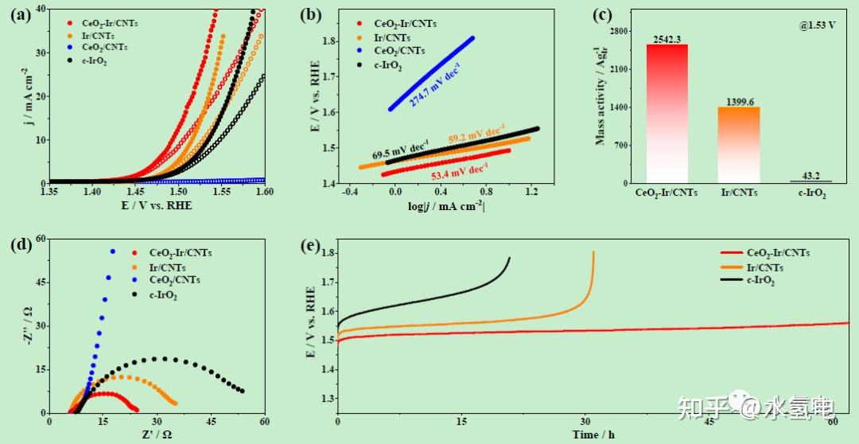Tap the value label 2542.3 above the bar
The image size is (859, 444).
667,38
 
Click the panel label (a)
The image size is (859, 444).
18,12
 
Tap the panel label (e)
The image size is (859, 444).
310,245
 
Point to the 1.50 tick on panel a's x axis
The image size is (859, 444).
178,192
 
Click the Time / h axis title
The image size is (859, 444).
592,434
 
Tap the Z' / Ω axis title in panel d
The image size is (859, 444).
156,434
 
